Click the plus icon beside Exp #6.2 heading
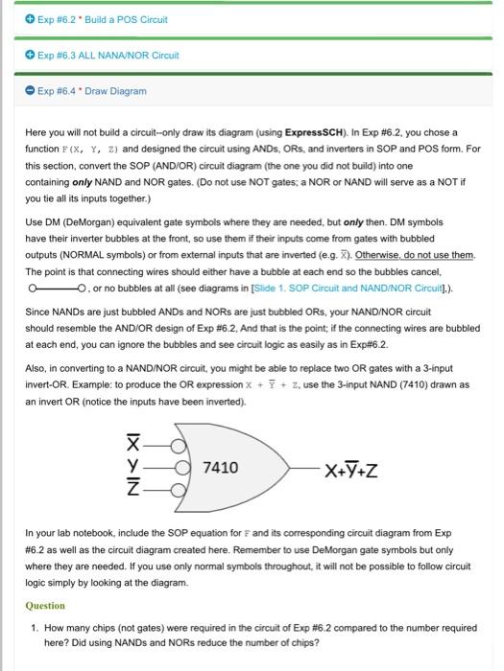(17, 19)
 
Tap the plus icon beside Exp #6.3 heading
(17, 56)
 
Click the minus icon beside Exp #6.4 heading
(17, 91)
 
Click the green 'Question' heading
(45, 606)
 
